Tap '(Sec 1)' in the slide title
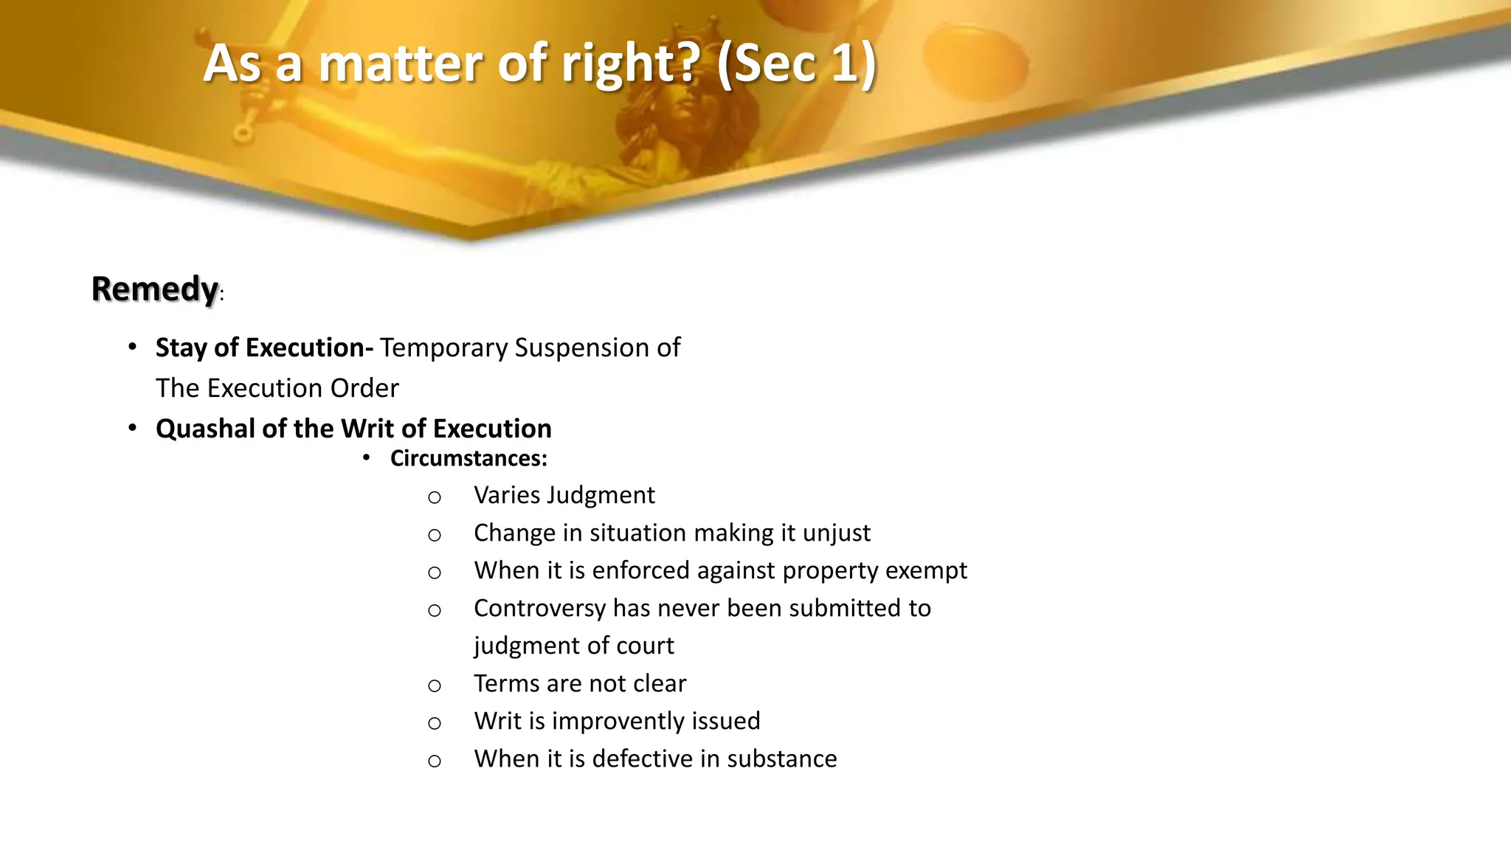pos(797,63)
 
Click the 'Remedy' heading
pos(155,288)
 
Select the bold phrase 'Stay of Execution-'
pos(264,348)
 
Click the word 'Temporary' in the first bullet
pos(443,348)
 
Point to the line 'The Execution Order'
pos(277,388)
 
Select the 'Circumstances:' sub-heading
pos(468,458)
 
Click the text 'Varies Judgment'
pos(564,495)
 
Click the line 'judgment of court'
pos(573,646)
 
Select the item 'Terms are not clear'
pos(579,683)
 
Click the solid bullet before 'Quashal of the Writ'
pos(132,428)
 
